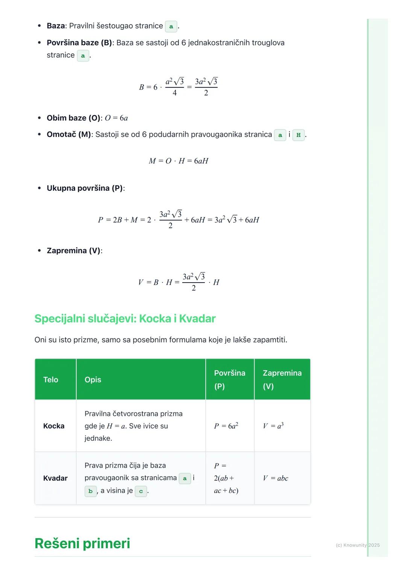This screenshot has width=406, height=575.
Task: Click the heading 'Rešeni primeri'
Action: click(82, 543)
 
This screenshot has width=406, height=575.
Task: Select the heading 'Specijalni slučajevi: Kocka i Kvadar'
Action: click(125, 319)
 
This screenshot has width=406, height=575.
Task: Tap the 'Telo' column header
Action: click(51, 380)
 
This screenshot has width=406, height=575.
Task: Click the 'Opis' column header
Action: click(93, 380)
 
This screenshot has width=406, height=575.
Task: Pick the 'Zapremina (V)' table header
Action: click(282, 379)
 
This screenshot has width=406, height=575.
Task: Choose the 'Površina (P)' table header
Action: click(229, 379)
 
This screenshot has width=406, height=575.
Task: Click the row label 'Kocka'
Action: click(54, 426)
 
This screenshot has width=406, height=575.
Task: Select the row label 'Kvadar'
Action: click(55, 478)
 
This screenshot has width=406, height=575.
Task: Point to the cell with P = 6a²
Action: click(226, 426)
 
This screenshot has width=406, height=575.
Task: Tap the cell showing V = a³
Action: click(273, 426)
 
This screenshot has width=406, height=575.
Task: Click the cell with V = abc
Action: click(276, 478)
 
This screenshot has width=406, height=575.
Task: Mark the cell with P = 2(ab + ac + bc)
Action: click(226, 478)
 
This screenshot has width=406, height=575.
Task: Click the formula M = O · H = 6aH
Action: click(179, 161)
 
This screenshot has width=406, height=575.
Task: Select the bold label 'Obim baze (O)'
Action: click(74, 118)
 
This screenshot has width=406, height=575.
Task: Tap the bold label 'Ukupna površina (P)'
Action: click(85, 188)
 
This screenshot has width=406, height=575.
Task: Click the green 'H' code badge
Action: click(298, 135)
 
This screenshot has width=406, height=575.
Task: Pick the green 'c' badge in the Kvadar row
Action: click(141, 491)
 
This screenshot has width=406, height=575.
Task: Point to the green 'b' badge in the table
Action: click(91, 491)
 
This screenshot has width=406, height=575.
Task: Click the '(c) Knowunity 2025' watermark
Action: click(358, 545)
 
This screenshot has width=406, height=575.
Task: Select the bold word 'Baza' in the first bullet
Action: click(56, 26)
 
